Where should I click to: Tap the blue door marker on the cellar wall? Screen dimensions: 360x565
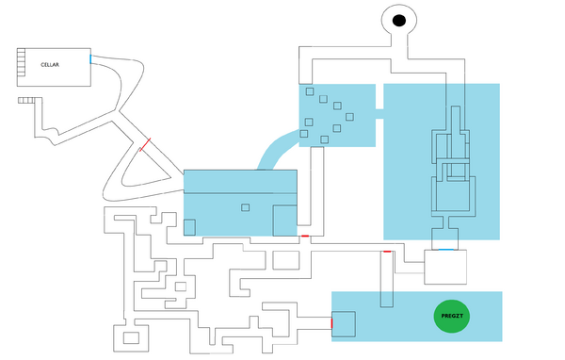point(90,59)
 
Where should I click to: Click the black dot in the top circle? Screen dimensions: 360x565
point(398,21)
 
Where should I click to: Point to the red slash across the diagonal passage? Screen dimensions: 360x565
point(144,145)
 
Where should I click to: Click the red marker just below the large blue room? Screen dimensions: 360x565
point(304,235)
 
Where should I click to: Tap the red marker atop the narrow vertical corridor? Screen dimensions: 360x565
point(387,253)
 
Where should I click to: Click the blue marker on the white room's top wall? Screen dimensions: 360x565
point(445,250)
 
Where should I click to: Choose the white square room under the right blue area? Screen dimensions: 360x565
point(445,268)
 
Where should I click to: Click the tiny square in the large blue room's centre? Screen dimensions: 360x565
point(246,205)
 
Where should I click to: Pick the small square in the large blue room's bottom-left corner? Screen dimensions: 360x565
point(189,226)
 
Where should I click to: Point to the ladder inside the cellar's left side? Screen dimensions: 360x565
point(22,63)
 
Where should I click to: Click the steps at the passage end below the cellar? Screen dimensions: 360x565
point(26,99)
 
